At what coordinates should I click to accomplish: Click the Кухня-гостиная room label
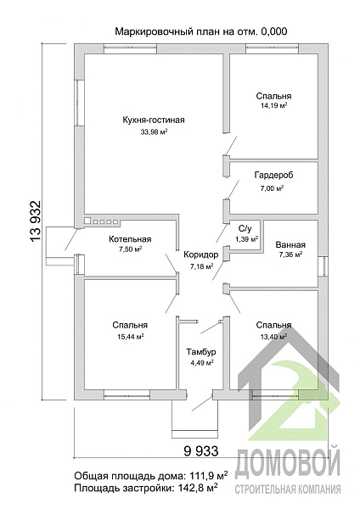154,120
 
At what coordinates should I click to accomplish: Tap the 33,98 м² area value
154,131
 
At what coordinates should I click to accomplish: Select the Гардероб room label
273,176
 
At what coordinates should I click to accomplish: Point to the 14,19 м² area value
273,105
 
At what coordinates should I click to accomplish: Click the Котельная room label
130,239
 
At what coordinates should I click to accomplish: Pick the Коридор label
200,255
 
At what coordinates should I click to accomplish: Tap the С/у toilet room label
245,229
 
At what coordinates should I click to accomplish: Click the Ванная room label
290,245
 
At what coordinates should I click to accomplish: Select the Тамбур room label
201,352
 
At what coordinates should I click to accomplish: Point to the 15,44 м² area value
131,337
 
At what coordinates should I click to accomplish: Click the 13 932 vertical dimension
35,221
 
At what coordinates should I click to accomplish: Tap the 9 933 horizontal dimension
201,451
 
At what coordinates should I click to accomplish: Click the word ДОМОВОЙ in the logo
287,463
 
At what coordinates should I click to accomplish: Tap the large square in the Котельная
87,221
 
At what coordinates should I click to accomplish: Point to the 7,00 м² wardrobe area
272,188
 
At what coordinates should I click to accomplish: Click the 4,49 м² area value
202,363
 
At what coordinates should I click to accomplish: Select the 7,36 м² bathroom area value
290,255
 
